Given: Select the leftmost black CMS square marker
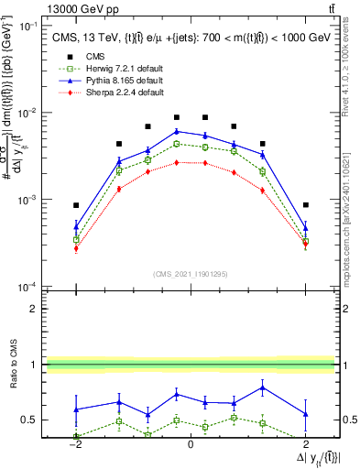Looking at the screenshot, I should [77, 205].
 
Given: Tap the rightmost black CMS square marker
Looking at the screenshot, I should [305, 205].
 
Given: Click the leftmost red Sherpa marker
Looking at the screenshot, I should [77, 248].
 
